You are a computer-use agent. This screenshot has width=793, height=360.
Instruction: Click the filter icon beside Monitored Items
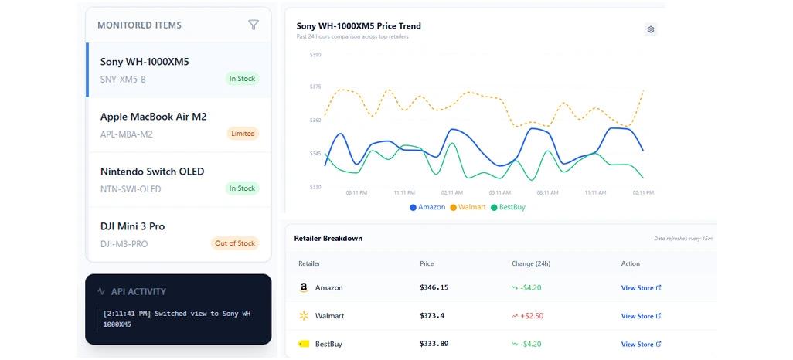[x=254, y=25]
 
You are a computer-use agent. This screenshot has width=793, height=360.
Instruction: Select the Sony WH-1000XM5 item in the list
[x=145, y=62]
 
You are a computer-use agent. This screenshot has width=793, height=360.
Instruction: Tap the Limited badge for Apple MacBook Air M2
[x=243, y=134]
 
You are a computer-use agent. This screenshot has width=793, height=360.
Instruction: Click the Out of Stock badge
[x=234, y=243]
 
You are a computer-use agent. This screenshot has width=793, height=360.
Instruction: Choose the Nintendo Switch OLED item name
[x=152, y=172]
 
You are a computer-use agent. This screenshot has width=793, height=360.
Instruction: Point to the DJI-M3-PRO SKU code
[x=124, y=244]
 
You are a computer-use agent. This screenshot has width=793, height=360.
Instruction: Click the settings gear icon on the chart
[x=651, y=29]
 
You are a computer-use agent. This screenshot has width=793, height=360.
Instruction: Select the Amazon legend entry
[x=427, y=207]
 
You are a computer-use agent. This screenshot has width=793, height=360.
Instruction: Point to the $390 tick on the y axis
[x=315, y=55]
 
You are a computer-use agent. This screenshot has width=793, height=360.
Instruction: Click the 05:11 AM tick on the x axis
[x=499, y=192]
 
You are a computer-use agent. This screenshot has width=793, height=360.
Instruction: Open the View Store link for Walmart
[x=641, y=316]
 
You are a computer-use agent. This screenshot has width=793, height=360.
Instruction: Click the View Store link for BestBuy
[x=641, y=344]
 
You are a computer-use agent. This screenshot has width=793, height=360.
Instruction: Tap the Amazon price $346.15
[x=434, y=287]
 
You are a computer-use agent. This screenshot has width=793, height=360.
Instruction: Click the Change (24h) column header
[x=531, y=263]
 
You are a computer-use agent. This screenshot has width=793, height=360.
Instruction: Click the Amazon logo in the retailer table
[x=304, y=287]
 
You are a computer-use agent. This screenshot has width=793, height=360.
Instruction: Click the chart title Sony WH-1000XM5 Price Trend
[x=359, y=26]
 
